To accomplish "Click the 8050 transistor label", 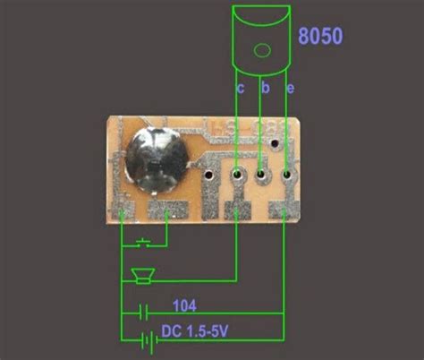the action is (x=320, y=36).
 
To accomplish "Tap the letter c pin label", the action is (x=241, y=88).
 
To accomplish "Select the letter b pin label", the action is (x=266, y=87).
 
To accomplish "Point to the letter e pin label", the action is (x=290, y=89).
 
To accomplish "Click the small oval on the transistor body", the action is (x=262, y=50).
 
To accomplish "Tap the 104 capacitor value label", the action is (x=184, y=305).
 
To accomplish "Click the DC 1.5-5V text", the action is (x=195, y=331).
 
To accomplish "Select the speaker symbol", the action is (x=143, y=276).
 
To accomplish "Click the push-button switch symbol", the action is (x=143, y=243).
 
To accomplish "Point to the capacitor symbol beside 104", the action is (x=143, y=313).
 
